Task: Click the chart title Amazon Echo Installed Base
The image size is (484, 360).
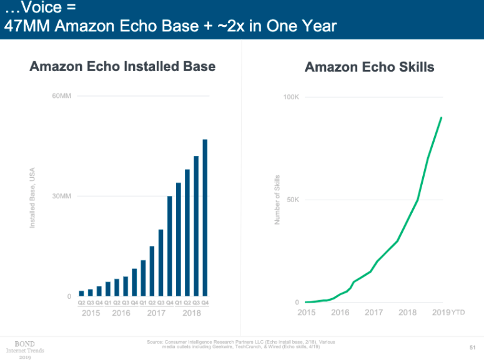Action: click(x=122, y=66)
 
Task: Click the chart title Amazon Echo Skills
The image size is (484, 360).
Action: click(x=369, y=67)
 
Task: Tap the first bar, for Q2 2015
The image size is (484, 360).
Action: click(x=81, y=293)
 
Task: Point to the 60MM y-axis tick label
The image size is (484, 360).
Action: click(x=62, y=96)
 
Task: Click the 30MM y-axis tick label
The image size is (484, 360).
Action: click(x=62, y=197)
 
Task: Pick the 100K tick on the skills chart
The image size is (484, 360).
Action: click(x=291, y=97)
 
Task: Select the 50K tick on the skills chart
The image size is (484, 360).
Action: click(x=292, y=200)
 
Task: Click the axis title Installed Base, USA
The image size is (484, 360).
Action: click(x=32, y=197)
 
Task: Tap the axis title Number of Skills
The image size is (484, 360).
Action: click(x=277, y=200)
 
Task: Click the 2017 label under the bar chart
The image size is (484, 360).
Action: click(x=156, y=312)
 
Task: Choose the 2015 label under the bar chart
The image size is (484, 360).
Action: click(x=91, y=312)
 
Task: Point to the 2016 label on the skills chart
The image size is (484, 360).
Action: click(x=340, y=312)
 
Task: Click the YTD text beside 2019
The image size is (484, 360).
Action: click(x=458, y=313)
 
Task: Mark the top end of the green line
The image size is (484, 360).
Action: click(x=442, y=117)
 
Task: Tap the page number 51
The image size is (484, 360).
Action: click(x=472, y=347)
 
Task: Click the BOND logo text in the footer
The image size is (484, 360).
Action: click(x=26, y=343)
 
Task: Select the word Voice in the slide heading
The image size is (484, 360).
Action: click(x=41, y=9)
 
